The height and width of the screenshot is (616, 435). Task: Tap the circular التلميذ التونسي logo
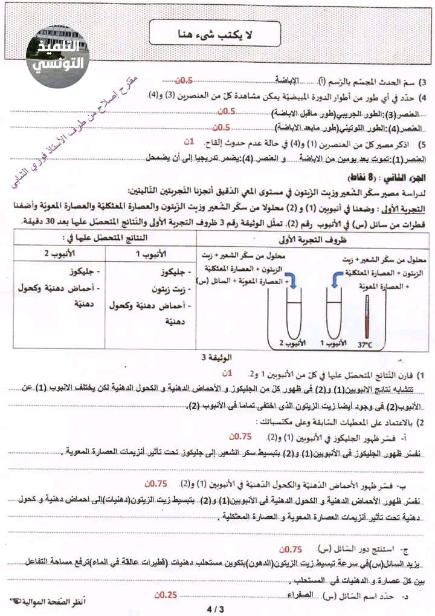tap(58, 57)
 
